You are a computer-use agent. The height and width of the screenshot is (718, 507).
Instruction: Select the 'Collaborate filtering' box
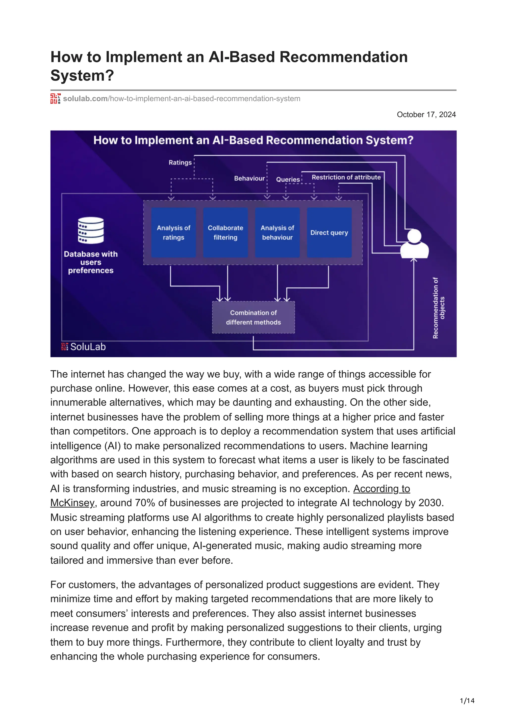[x=225, y=232]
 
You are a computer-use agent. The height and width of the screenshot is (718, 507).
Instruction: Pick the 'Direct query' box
[x=329, y=232]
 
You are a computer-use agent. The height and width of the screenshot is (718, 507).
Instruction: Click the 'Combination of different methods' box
[x=253, y=317]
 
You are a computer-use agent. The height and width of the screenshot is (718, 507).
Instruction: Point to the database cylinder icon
[x=91, y=230]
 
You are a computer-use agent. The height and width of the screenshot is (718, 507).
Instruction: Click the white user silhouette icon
[x=414, y=244]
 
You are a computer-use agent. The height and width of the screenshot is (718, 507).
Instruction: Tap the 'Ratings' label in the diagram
[x=180, y=163]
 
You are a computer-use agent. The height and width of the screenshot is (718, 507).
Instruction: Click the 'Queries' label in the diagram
[x=288, y=179]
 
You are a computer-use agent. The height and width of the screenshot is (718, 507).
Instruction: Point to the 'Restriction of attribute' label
[x=346, y=177]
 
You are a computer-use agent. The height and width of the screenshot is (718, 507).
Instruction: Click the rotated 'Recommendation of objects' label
[x=438, y=308]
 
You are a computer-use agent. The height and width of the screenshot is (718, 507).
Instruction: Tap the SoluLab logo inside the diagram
[x=83, y=347]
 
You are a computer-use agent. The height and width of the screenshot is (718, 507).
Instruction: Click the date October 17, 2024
[x=426, y=114]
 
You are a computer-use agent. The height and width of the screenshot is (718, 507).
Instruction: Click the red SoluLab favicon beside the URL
[x=55, y=99]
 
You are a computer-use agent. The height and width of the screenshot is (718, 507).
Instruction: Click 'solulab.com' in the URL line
[x=85, y=99]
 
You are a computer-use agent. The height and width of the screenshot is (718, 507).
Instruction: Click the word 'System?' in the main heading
[x=82, y=75]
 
